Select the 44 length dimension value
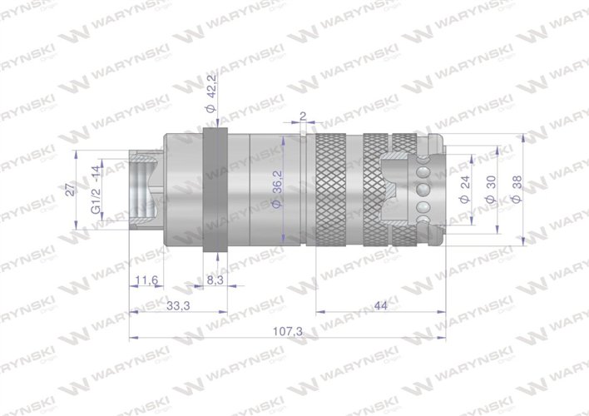click(381, 305)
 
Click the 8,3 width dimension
click(214, 281)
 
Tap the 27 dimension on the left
click(71, 190)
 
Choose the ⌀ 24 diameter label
click(464, 191)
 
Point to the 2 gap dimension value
click(303, 116)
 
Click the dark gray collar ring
click(214, 191)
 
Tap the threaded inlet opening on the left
click(142, 191)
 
